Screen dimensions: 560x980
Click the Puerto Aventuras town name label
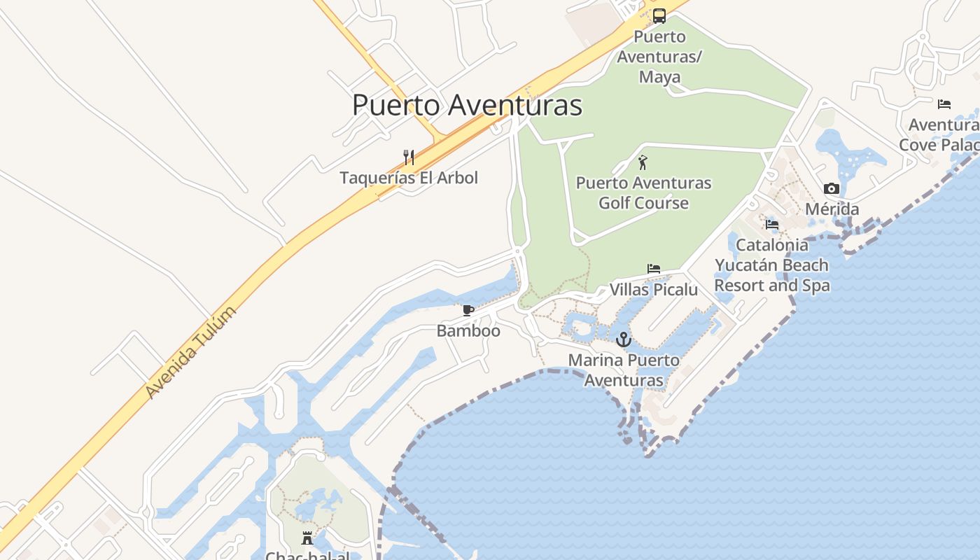point(467,105)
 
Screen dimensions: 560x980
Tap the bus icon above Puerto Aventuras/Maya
point(659,16)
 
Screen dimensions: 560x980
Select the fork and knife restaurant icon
point(409,157)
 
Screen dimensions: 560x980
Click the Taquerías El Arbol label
point(409,178)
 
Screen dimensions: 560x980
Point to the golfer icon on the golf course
point(643,162)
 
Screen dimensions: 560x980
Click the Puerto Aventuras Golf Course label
point(643,193)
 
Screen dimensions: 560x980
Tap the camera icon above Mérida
point(832,188)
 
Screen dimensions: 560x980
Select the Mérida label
point(832,209)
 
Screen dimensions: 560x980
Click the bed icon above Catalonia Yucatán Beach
point(772,225)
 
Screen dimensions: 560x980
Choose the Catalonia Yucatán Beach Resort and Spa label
point(772,265)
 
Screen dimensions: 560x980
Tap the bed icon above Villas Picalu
point(654,269)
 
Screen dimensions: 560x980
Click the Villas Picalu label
point(654,290)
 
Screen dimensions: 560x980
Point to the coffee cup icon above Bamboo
point(468,310)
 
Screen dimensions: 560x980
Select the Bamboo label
point(468,330)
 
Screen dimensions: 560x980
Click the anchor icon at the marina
point(623,340)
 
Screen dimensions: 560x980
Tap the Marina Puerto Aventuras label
point(623,370)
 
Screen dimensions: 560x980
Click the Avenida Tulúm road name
point(191,352)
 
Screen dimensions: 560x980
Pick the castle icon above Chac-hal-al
point(307,538)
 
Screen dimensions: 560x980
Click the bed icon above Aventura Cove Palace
point(944,104)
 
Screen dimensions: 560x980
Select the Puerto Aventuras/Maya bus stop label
point(659,56)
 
